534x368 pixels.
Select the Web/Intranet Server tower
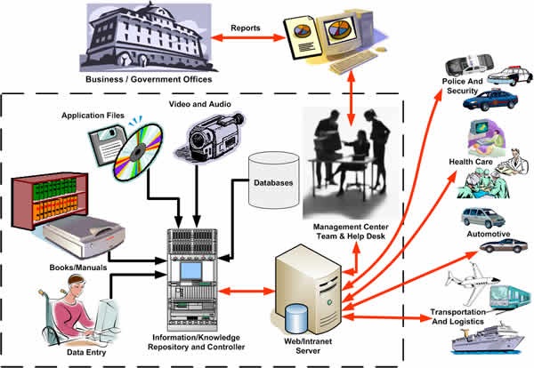(308, 284)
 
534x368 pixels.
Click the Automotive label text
(488, 234)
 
